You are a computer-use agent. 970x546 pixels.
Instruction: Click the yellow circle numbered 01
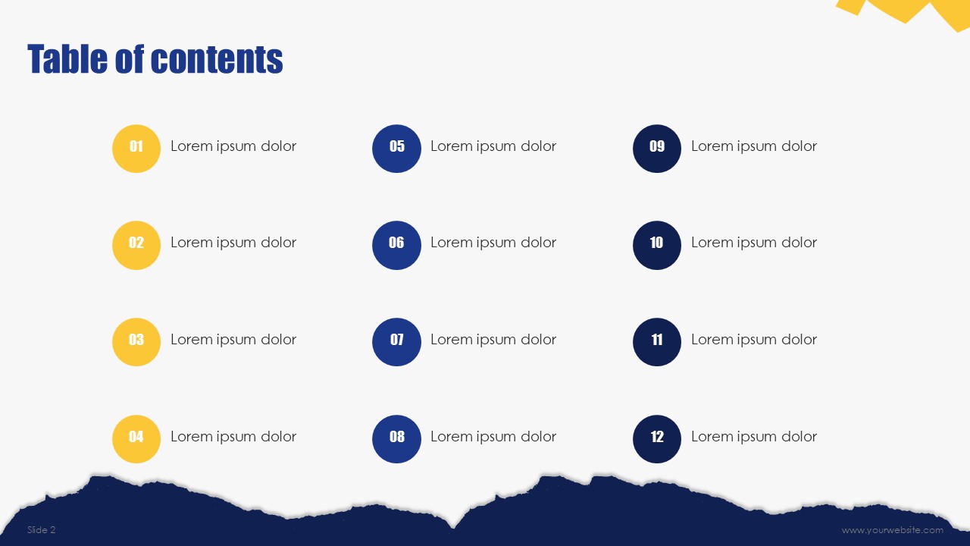[x=136, y=149]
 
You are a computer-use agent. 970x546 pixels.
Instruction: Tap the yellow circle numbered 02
[x=136, y=245]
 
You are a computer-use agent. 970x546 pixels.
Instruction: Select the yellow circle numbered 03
[x=136, y=342]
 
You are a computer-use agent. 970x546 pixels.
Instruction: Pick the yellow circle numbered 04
[x=136, y=439]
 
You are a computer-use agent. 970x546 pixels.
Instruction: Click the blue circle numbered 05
[x=396, y=149]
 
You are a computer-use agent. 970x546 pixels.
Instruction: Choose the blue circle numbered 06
[x=396, y=245]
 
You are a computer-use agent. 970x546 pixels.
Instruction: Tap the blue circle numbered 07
[x=396, y=342]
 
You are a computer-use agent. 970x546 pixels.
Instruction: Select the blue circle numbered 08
[x=396, y=439]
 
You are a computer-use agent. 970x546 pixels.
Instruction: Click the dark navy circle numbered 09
[x=657, y=149]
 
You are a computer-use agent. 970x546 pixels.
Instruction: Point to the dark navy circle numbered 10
[x=657, y=245]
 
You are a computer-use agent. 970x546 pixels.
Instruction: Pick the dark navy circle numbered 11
[x=657, y=342]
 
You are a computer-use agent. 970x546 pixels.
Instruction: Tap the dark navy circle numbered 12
[x=657, y=439]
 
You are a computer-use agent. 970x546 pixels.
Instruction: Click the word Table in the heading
[x=67, y=59]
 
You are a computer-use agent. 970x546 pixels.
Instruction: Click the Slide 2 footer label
[x=41, y=529]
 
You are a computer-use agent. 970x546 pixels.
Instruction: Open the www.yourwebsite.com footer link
[x=893, y=530]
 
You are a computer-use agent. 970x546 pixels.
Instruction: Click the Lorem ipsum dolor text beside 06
[x=493, y=243]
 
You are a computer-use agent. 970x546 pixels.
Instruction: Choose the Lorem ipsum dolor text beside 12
[x=754, y=437]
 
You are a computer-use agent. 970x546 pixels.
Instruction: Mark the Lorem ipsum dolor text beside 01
[x=233, y=146]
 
